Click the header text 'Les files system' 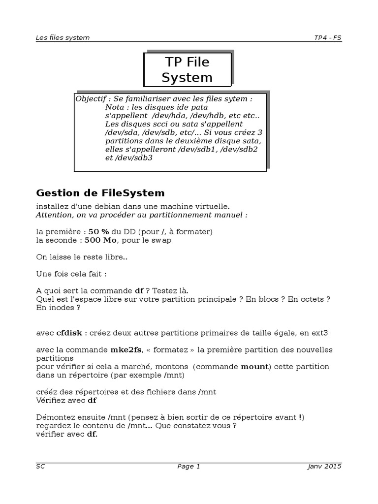[63, 37]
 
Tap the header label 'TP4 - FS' [328, 37]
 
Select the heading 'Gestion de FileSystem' [100, 192]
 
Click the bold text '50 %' [98, 231]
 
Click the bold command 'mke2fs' [124, 350]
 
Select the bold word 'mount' [254, 367]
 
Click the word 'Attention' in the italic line [53, 215]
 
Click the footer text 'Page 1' [189, 467]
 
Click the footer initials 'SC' [40, 467]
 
